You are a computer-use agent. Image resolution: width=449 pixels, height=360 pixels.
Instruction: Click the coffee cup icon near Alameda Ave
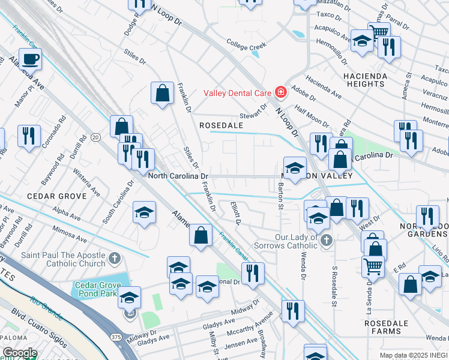coord(30,59)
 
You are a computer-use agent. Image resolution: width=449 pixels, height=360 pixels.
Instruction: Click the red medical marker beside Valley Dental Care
coord(280,92)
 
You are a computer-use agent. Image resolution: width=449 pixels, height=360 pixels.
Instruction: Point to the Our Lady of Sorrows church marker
coord(326,241)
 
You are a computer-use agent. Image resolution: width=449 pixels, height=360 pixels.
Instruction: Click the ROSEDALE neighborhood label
coord(221,125)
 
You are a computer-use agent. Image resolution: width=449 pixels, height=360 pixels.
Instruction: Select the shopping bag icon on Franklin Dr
coord(162,93)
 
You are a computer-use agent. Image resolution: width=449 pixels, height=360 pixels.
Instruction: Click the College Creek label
coord(246,44)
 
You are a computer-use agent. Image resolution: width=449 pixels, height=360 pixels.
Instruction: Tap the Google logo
coord(20,353)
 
